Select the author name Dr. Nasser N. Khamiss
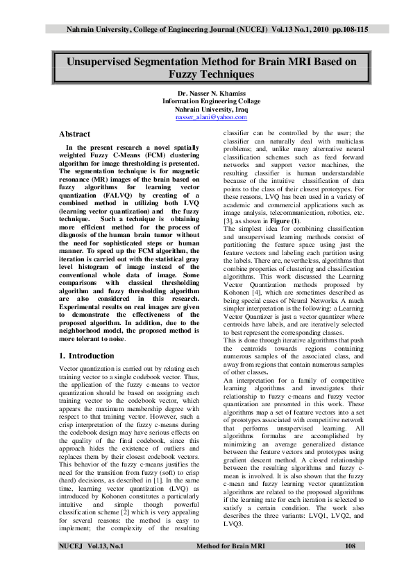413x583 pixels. (206, 93)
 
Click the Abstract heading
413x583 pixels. (74, 133)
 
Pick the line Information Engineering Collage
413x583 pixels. (206, 101)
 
